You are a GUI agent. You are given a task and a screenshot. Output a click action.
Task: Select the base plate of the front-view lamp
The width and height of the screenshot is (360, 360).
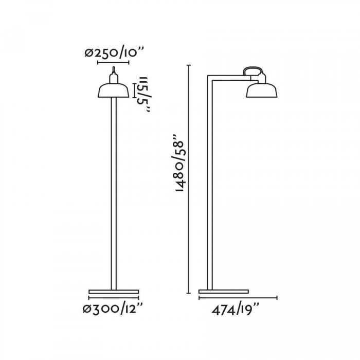coord(114,292)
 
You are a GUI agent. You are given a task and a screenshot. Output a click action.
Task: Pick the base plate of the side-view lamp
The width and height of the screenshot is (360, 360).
coord(224,292)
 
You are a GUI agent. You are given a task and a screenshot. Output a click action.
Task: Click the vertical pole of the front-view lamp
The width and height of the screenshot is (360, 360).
coord(114,195)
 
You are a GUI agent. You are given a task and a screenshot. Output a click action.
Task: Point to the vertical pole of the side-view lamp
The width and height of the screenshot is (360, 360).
coord(210,185)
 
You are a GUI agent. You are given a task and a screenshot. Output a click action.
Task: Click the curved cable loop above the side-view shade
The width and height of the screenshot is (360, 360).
coord(253,68)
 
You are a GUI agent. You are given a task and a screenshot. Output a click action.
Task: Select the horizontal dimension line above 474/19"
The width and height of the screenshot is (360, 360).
coord(238,298)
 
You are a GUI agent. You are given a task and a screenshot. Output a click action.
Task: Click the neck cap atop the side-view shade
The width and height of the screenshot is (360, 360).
coord(262,78)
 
